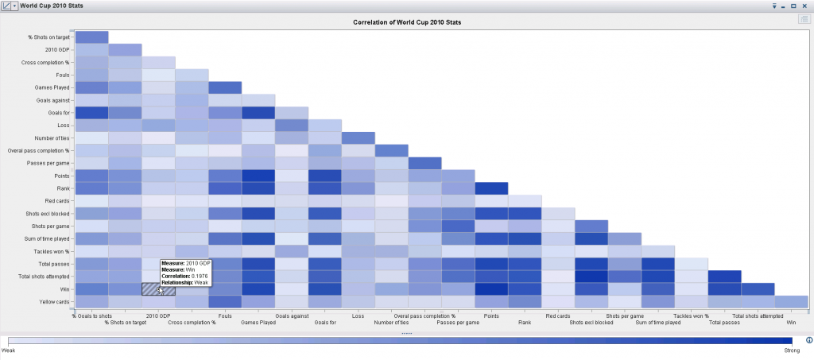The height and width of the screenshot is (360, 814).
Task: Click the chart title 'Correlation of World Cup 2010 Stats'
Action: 407,22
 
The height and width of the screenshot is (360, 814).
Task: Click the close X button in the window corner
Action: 805,6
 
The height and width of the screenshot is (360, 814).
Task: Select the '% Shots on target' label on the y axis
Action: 49,37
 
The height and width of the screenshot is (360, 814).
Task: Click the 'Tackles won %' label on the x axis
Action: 692,315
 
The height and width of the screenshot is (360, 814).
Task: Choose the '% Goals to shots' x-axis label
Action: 91,315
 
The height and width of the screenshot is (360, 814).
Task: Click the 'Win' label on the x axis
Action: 791,323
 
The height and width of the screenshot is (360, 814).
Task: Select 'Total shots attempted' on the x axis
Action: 758,315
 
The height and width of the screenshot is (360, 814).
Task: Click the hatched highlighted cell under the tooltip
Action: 158,288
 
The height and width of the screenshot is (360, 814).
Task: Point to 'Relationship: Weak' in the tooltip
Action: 184,281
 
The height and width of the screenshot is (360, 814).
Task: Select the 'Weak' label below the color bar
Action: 10,350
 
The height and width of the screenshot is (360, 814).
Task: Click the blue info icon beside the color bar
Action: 808,339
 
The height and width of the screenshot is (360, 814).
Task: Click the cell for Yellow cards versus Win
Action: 791,301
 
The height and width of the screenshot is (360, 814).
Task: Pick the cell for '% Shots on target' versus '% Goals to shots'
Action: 91,37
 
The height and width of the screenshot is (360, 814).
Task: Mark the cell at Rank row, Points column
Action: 491,188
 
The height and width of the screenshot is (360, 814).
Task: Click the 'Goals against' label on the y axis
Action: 52,100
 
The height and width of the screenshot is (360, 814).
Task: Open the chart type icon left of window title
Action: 6,6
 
